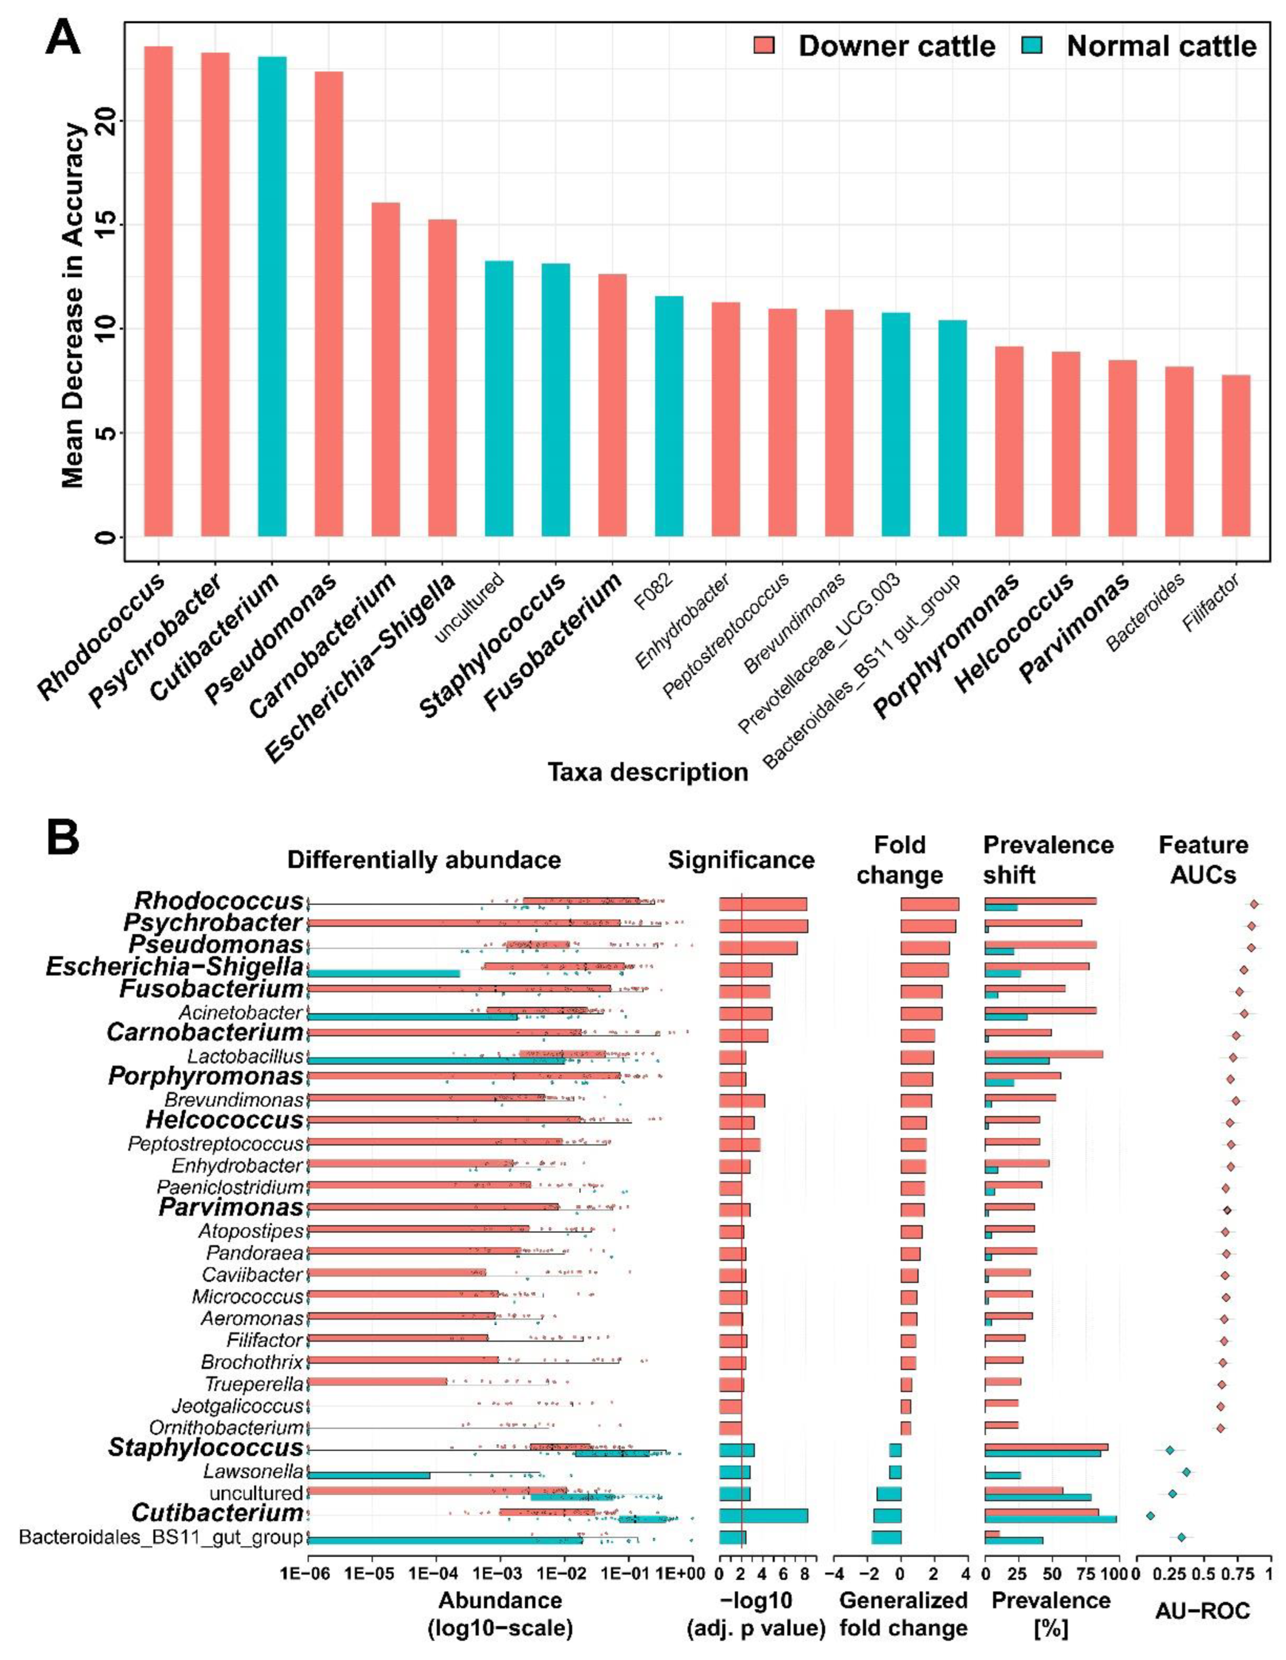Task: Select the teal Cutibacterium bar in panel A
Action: click(x=272, y=296)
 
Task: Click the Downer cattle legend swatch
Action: click(x=763, y=46)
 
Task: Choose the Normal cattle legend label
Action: click(x=1161, y=46)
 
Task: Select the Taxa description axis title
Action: click(x=648, y=772)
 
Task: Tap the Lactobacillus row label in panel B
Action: click(x=245, y=1057)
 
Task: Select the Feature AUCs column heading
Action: click(x=1203, y=860)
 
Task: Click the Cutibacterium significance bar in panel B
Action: click(x=763, y=1516)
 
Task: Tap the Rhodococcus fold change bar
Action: click(x=930, y=904)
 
